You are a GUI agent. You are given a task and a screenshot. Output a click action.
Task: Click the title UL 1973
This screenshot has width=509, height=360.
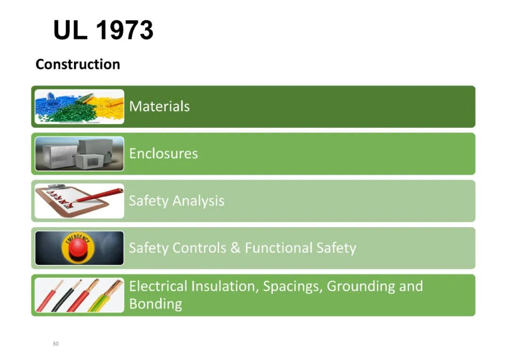coord(103,30)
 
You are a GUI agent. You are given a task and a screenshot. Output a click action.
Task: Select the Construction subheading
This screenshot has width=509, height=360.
coord(78,64)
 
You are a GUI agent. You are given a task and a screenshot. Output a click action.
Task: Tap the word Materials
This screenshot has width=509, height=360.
coord(159,106)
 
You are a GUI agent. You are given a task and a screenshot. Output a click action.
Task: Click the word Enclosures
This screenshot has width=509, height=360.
coord(163,154)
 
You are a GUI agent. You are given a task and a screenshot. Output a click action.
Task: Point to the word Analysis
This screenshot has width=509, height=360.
coord(198,201)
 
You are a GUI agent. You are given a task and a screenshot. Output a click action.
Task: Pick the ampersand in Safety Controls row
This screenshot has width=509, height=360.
coord(235,248)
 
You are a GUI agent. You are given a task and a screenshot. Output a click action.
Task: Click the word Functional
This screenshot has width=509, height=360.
coord(278,248)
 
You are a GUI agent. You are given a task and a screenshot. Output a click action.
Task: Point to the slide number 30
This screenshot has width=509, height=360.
coord(56,344)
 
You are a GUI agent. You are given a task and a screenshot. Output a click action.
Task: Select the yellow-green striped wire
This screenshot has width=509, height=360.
coord(106,296)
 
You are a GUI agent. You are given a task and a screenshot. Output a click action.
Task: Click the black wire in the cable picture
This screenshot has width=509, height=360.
coord(66,296)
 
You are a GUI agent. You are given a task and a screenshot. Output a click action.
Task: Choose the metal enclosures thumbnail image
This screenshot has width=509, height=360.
coord(80,154)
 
